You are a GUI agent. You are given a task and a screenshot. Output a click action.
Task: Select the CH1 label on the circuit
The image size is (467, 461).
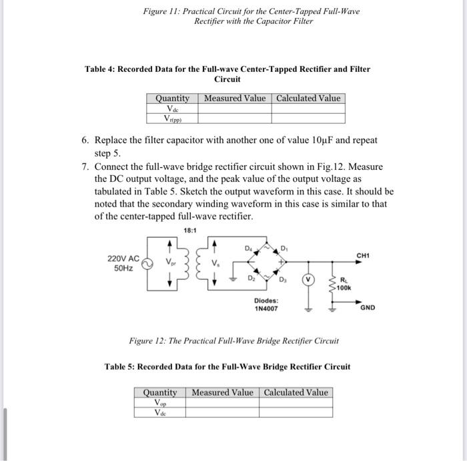pos(363,254)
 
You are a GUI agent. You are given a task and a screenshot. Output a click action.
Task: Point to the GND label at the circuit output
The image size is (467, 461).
pos(368,308)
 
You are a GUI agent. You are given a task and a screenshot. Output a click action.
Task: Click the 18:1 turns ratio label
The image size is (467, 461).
pos(189,230)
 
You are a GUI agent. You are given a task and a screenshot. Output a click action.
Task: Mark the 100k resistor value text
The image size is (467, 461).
pos(344,288)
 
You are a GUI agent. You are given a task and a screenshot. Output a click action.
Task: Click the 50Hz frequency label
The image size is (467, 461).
pos(123,268)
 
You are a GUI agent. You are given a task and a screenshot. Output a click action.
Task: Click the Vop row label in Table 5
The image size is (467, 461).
pos(160,402)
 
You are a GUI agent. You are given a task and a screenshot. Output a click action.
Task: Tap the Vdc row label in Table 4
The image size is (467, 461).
pos(172,108)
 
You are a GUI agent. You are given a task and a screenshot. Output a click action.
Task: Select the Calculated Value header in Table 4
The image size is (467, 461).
pos(308,98)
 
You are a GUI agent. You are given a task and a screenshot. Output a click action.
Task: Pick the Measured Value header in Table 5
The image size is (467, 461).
pos(222,392)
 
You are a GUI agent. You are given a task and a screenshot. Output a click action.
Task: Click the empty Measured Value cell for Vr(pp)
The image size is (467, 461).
pos(234,119)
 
